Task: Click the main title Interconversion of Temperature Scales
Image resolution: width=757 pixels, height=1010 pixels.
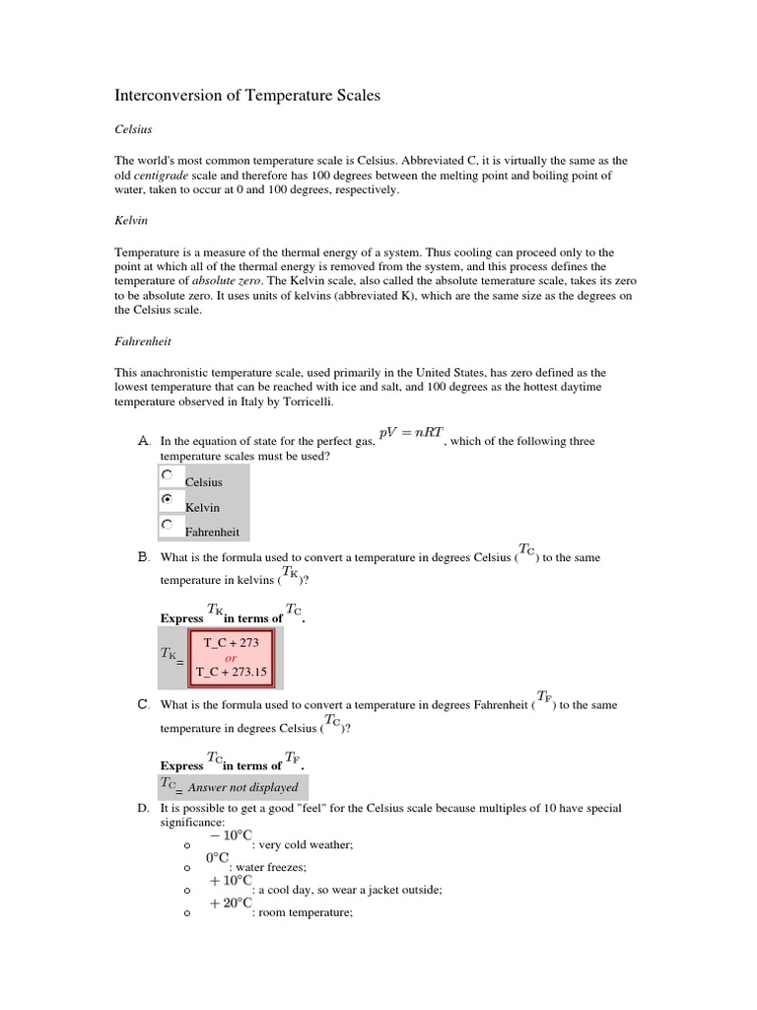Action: tap(247, 96)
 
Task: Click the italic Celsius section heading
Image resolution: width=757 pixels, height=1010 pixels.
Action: tap(133, 128)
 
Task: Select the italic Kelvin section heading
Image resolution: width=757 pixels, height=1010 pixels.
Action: tap(131, 221)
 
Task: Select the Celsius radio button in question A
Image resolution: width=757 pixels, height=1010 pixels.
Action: tap(167, 474)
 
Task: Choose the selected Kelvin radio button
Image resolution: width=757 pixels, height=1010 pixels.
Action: tap(167, 500)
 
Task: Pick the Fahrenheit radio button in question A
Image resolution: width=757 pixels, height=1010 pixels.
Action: tap(167, 525)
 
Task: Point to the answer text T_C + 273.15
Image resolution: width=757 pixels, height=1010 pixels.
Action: tap(232, 672)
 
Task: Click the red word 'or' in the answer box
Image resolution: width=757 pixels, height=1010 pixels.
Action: tap(232, 657)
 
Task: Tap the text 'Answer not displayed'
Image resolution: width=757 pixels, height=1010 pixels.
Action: tap(242, 787)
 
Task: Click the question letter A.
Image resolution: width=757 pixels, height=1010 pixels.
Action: tap(143, 441)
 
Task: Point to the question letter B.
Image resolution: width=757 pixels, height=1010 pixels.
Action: tap(143, 557)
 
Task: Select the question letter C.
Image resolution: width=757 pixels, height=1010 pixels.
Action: tap(143, 704)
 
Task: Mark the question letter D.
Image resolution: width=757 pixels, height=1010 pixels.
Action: tap(143, 808)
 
